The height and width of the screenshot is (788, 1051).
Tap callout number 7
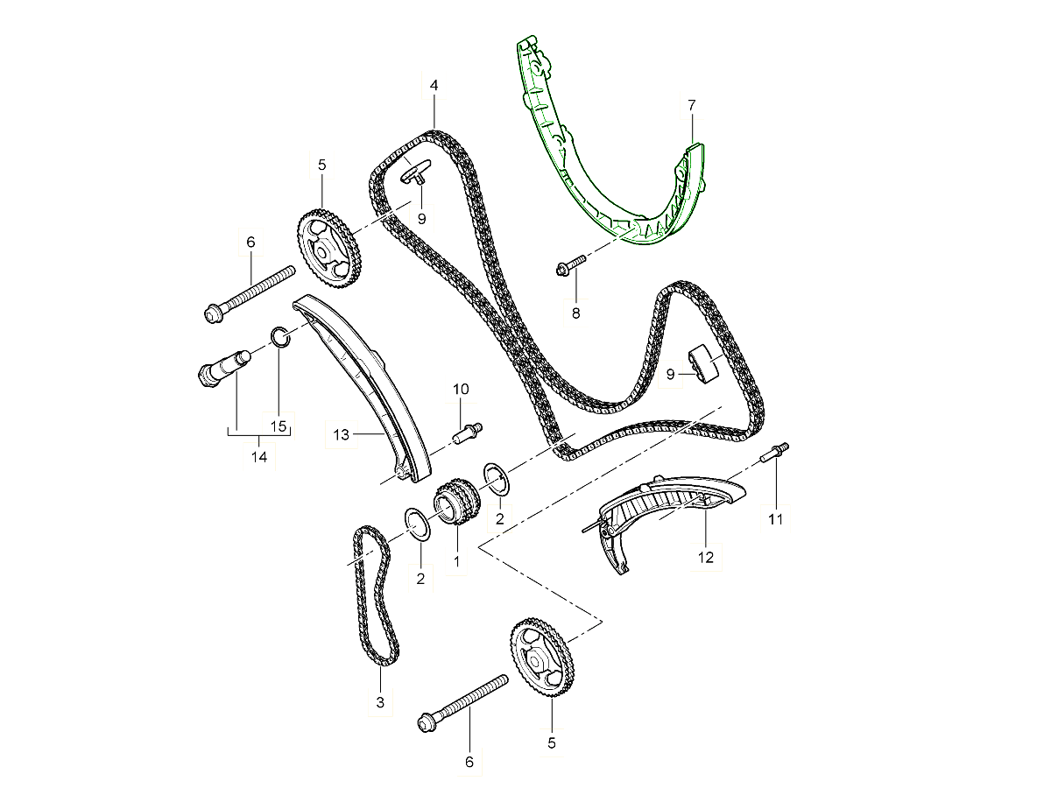pyautogui.click(x=691, y=105)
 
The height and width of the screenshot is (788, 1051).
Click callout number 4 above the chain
pyautogui.click(x=434, y=85)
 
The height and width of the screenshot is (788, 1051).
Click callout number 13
pyautogui.click(x=341, y=434)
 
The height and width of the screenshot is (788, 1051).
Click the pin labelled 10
pyautogui.click(x=467, y=433)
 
